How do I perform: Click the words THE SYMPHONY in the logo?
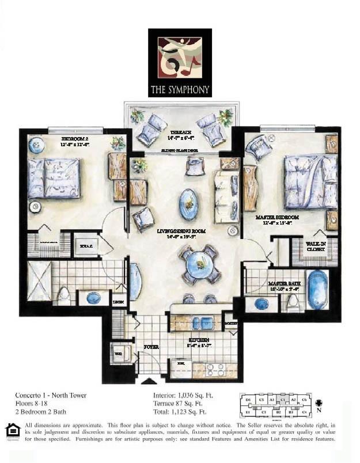click(180, 90)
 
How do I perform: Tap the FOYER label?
click(151, 347)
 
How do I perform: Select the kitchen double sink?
click(200, 323)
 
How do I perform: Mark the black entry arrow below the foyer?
click(149, 381)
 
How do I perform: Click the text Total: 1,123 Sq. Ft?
click(180, 412)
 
